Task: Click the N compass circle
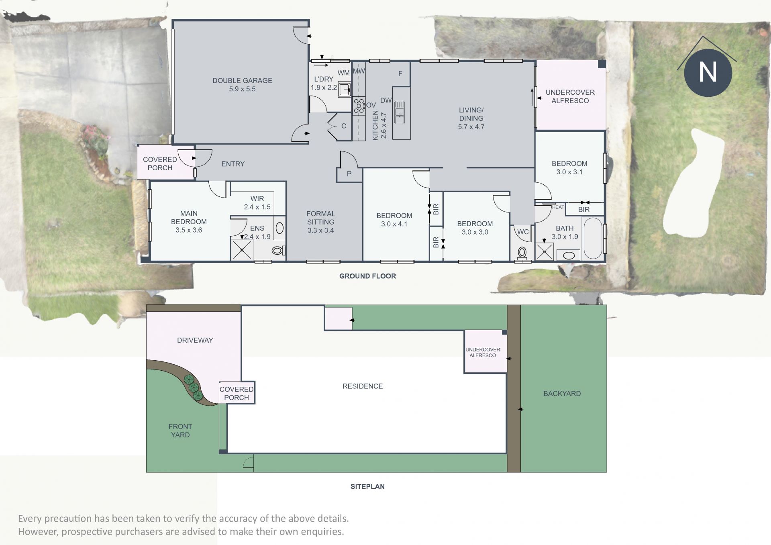click(708, 73)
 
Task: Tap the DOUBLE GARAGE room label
click(242, 81)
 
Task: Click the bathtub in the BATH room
click(593, 238)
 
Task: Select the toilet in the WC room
click(522, 253)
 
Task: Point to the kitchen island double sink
click(400, 112)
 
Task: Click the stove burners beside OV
click(359, 106)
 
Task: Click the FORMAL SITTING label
click(320, 218)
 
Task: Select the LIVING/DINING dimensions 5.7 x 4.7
click(471, 127)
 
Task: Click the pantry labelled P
click(349, 174)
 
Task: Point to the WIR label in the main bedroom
click(257, 198)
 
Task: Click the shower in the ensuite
click(242, 249)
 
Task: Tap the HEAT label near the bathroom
click(558, 207)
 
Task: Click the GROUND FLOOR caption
click(367, 276)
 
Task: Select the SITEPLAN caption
click(367, 486)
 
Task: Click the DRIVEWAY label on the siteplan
click(195, 340)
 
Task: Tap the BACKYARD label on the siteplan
click(562, 394)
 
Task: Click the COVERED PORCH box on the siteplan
click(237, 393)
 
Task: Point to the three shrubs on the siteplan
click(193, 388)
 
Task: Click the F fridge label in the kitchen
click(400, 73)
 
